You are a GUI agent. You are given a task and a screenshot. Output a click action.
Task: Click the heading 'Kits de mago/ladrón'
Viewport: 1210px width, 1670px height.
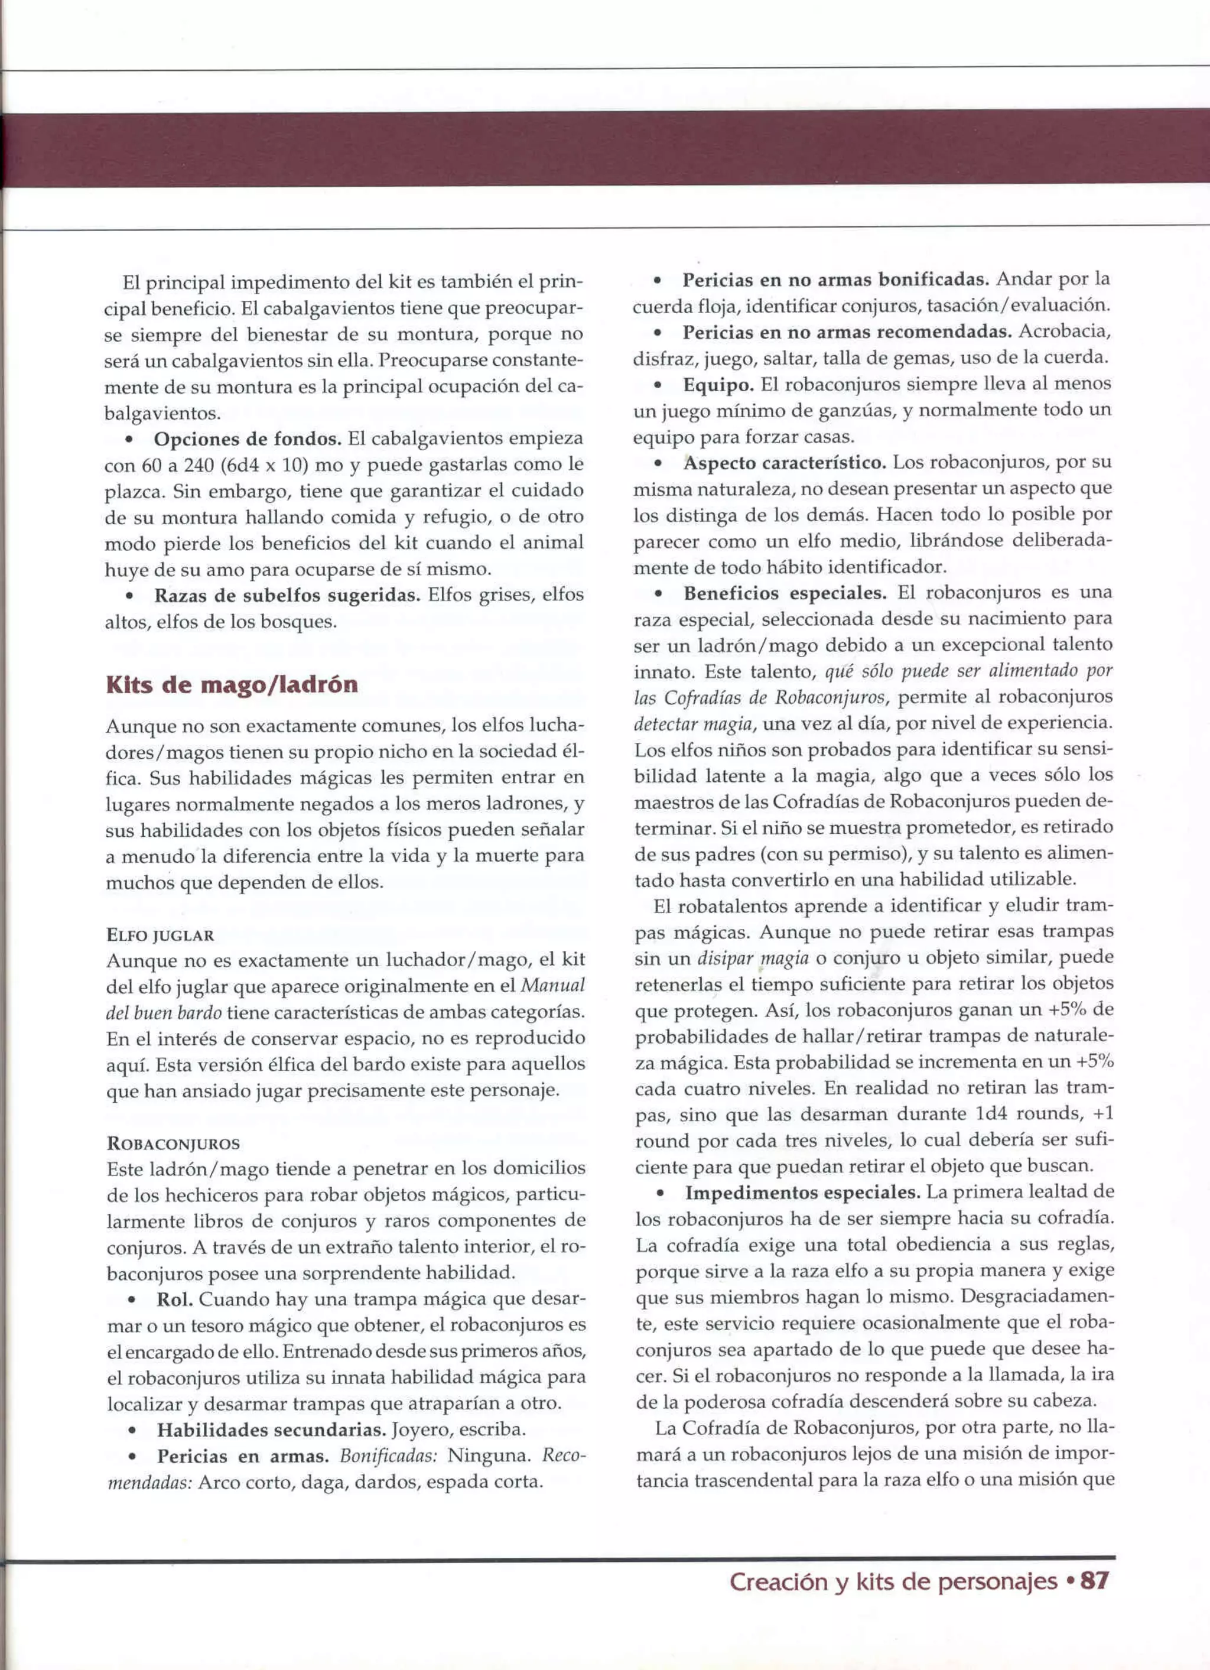pos(232,685)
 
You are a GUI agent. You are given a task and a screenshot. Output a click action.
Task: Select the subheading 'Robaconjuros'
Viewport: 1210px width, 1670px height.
pos(174,1143)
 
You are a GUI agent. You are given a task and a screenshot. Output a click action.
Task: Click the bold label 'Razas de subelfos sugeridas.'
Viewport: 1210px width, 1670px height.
pos(287,595)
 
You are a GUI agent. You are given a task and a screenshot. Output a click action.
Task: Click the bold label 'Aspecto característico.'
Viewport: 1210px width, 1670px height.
pos(785,463)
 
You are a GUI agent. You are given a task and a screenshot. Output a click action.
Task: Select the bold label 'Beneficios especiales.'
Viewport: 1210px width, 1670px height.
pos(785,593)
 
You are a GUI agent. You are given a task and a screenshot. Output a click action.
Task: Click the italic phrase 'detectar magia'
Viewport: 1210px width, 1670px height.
pos(693,723)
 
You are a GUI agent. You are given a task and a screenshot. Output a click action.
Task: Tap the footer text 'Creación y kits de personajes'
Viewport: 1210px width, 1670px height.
pos(893,1581)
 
